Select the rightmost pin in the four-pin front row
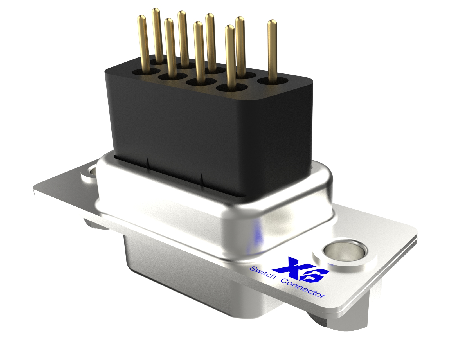(230, 56)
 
